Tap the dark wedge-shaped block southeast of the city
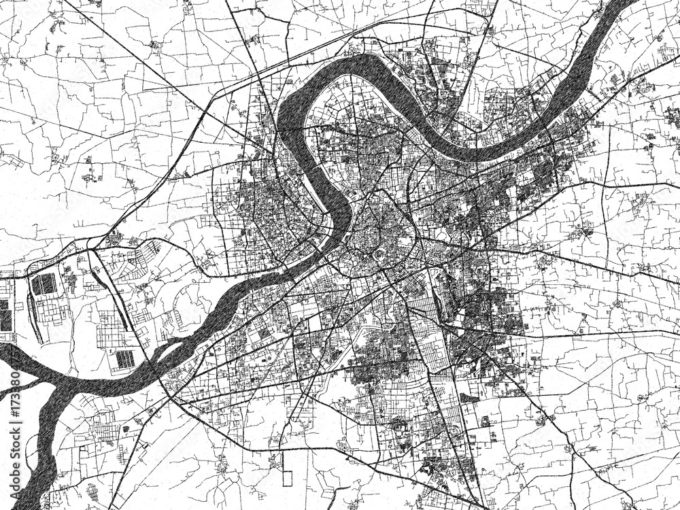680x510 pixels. pyautogui.click(x=468, y=398)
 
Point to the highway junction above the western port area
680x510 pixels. pyautogui.click(x=90, y=248)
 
